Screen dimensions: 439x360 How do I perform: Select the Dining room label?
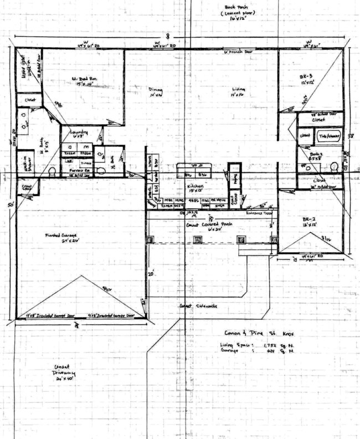[x=156, y=92]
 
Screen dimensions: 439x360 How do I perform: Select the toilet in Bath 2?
[x=334, y=166]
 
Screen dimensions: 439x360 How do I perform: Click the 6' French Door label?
[x=236, y=53]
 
